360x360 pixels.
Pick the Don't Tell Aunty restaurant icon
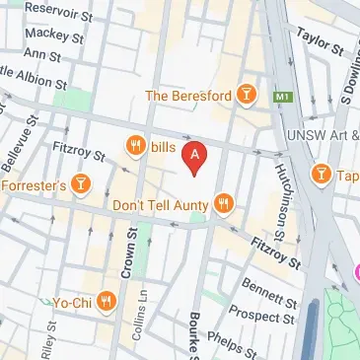tap(225, 204)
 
